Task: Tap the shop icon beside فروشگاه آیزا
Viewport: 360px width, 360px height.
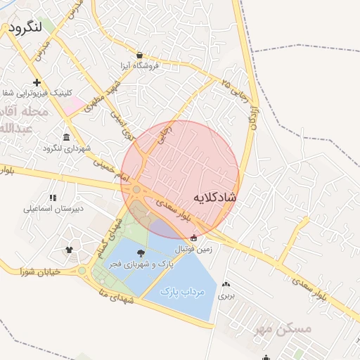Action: point(140,55)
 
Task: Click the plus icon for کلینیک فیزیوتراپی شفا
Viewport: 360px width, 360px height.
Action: point(37,82)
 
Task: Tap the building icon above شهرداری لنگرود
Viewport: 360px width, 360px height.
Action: point(66,137)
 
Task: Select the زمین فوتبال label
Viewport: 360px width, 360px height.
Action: point(194,250)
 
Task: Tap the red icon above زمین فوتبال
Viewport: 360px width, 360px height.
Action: point(193,238)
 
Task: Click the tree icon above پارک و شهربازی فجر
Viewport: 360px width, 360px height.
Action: point(141,253)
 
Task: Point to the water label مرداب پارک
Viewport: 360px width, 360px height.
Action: point(182,291)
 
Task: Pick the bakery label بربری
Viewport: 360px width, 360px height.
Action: point(226,296)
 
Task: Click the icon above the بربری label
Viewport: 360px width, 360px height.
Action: point(226,285)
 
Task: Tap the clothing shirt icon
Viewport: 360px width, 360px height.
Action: point(69,249)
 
